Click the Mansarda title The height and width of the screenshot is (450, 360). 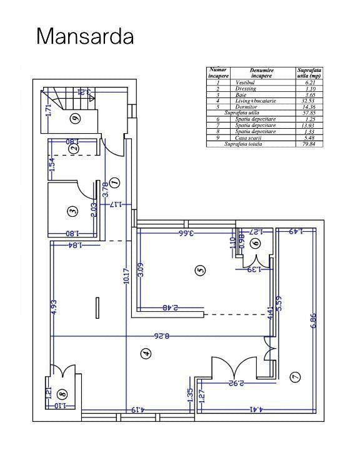(86, 36)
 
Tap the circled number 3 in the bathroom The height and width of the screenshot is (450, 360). (73, 212)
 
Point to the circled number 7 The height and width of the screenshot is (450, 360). (294, 376)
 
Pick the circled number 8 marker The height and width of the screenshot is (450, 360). (61, 394)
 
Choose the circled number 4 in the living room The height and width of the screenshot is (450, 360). (146, 354)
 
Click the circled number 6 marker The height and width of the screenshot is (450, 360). (256, 244)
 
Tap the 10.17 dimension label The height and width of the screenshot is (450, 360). (126, 277)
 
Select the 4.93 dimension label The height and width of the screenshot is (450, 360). (54, 307)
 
